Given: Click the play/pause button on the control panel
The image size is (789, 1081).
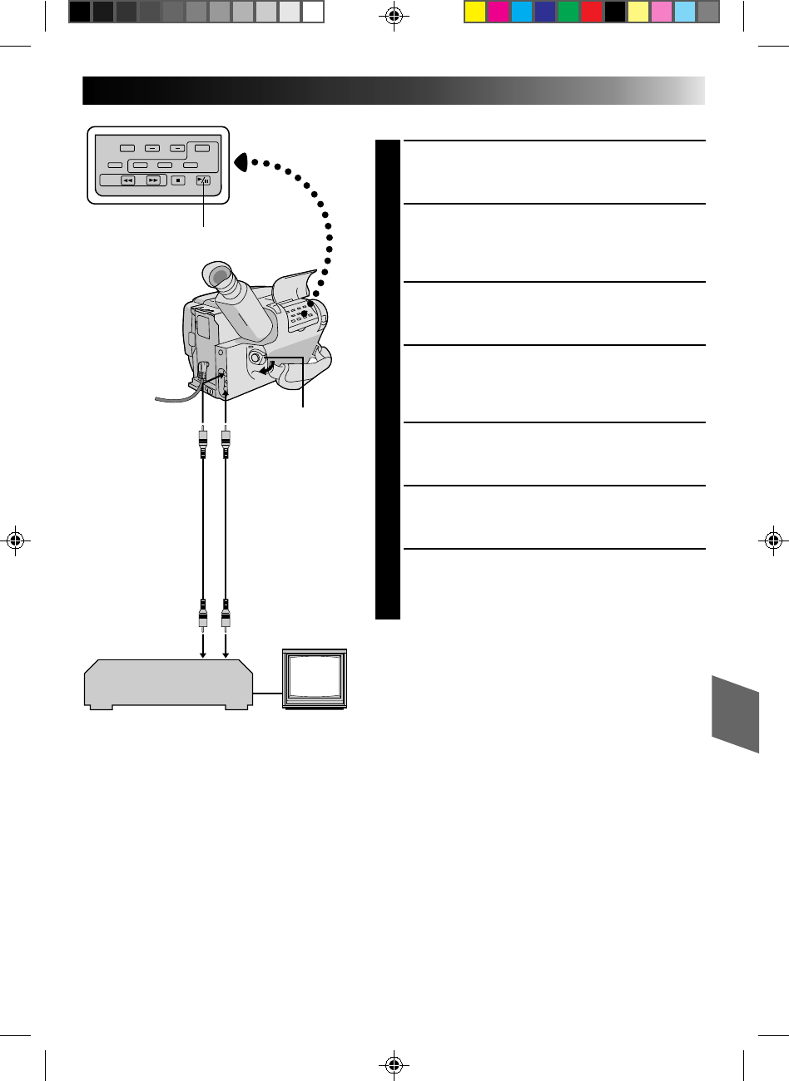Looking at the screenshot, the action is point(203,180).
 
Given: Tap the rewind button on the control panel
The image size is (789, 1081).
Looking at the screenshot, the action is point(128,180).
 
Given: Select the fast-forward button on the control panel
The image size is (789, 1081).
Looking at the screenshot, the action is point(152,180).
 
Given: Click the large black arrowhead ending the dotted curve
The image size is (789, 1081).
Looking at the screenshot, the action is point(241,160).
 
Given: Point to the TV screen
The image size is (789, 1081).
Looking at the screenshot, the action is point(313,677).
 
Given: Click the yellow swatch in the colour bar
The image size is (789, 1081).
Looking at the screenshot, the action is point(475,12).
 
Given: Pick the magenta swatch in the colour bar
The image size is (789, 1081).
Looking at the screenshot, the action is point(499,12).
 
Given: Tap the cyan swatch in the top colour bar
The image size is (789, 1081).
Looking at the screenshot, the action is point(522,12).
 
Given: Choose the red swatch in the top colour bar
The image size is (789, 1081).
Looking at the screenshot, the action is point(592,12).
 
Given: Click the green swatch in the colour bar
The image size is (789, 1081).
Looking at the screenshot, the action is point(568,12).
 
